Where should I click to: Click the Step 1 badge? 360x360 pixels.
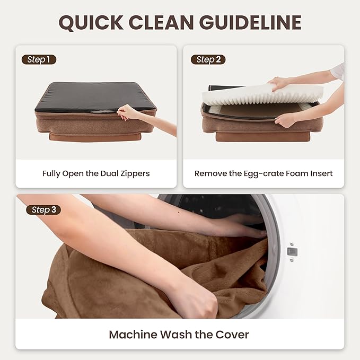pyautogui.click(x=39, y=59)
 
